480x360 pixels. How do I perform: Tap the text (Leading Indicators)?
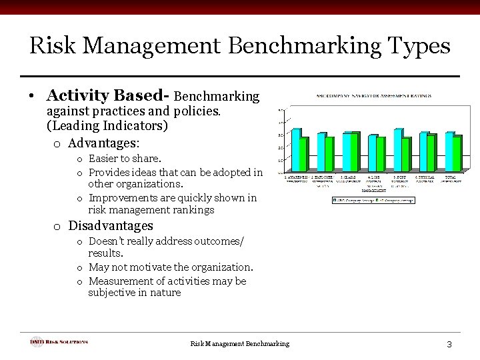click(x=107, y=125)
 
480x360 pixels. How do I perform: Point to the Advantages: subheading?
click(x=104, y=143)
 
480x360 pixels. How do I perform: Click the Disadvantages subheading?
click(x=111, y=226)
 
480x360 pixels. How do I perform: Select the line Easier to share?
click(x=125, y=159)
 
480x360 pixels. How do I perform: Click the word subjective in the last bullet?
click(x=114, y=292)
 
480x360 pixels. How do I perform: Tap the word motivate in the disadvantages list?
click(x=163, y=267)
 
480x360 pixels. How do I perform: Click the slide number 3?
click(x=449, y=344)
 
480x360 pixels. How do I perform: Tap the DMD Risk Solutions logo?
click(x=59, y=342)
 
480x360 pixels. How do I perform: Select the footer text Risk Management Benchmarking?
click(x=240, y=343)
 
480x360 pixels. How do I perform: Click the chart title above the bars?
click(x=374, y=97)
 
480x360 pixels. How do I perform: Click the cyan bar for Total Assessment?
click(x=449, y=153)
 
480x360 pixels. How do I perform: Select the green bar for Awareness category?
click(x=304, y=155)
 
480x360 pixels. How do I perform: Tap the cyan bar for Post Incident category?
click(x=398, y=151)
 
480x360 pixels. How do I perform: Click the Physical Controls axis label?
click(x=424, y=179)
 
